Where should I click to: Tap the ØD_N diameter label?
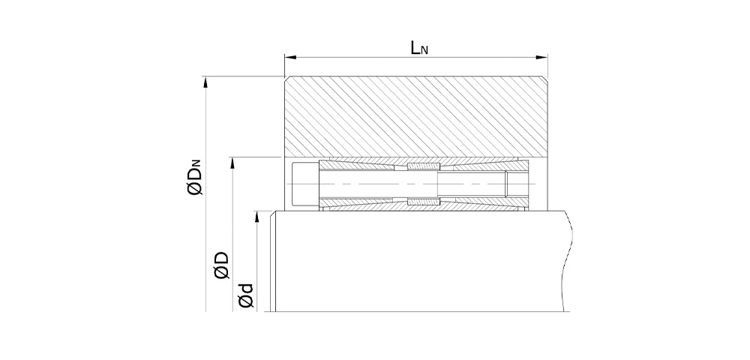tap(195, 177)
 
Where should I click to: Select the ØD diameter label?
tap(222, 265)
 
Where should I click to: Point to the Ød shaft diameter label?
tap(245, 295)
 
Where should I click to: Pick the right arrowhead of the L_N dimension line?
tap(541, 57)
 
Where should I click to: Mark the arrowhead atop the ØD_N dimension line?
tap(205, 82)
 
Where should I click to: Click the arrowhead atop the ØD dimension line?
tap(232, 163)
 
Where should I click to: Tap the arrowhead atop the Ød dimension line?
tap(257, 217)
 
